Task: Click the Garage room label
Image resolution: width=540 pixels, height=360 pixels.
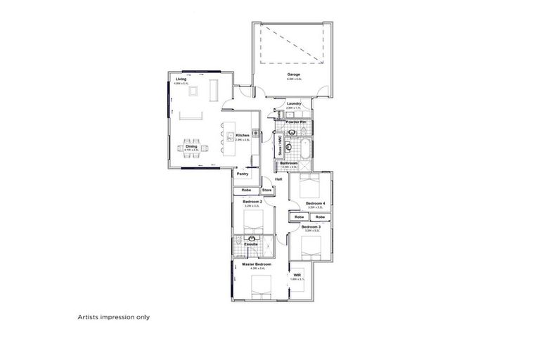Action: [x=293, y=74]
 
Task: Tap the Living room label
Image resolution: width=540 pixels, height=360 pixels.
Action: [x=181, y=79]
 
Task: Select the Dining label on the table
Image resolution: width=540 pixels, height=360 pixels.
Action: [x=191, y=146]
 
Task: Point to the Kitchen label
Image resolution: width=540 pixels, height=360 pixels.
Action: [x=243, y=135]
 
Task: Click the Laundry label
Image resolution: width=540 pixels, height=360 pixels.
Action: [x=294, y=103]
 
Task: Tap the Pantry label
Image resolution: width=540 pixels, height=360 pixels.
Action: [x=243, y=174]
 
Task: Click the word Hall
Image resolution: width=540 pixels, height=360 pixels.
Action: [x=278, y=179]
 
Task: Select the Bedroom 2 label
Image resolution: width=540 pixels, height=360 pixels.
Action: [x=252, y=202]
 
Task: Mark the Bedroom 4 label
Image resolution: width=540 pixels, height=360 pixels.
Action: [x=314, y=203]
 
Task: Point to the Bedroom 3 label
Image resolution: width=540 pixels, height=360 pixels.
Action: [x=311, y=227]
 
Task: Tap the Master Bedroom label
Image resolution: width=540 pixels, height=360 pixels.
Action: [x=252, y=264]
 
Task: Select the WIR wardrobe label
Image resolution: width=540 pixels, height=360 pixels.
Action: [x=297, y=275]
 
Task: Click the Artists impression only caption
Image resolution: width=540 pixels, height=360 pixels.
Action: [x=113, y=317]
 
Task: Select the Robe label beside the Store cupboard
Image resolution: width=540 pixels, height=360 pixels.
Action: [x=246, y=190]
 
